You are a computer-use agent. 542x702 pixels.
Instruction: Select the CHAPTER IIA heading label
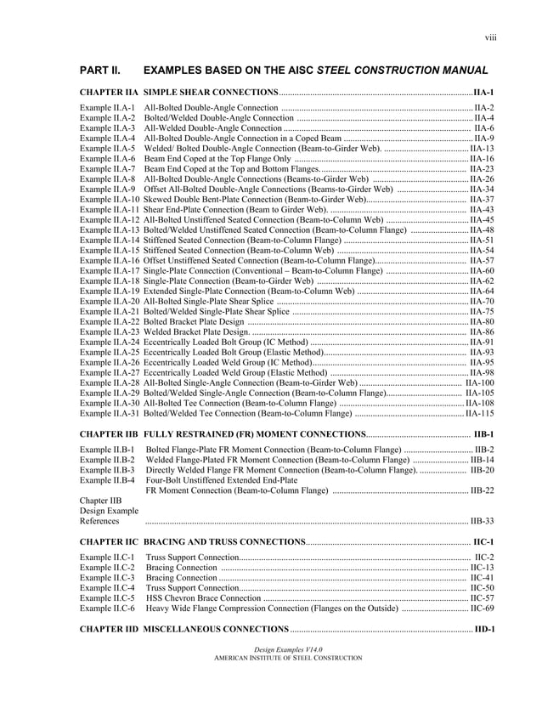[110, 91]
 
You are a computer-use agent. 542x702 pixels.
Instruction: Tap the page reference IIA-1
[484, 91]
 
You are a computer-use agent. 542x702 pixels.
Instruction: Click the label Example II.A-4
[108, 138]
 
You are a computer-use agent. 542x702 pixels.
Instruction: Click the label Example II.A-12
[110, 219]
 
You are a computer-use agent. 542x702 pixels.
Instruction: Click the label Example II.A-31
[110, 413]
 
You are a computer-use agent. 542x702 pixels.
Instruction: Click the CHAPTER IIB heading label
[110, 434]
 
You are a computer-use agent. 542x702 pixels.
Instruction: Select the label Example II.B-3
[108, 469]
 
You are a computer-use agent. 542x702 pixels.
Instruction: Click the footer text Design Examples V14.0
[271, 648]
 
